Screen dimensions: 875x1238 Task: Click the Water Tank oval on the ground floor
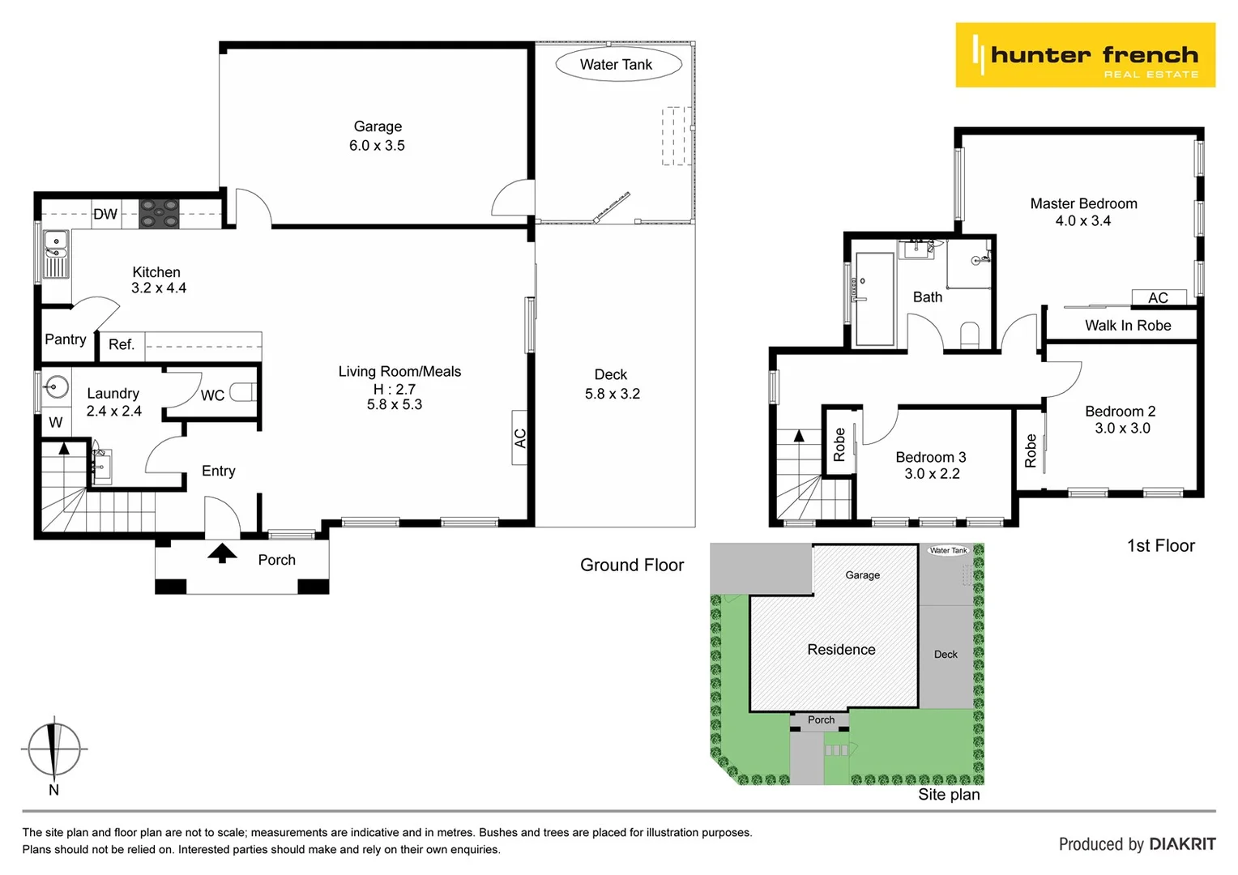coord(617,65)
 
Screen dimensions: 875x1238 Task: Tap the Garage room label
coord(378,126)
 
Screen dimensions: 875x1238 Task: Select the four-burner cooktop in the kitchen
coord(159,214)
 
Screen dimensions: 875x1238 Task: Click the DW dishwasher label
coord(105,215)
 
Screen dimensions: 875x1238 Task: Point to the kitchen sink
coord(56,254)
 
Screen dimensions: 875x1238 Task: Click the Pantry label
coord(65,339)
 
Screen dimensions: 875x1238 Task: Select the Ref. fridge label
coord(122,345)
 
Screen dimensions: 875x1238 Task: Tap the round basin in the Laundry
coord(56,386)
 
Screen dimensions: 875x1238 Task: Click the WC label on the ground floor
coord(212,395)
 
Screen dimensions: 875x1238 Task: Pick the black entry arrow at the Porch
coord(222,553)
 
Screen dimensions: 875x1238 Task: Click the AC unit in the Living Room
coord(520,437)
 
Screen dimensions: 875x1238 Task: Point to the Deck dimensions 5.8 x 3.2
coord(613,394)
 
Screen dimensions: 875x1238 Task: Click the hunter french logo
coord(1085,55)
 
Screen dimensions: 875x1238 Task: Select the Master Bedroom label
coord(1083,204)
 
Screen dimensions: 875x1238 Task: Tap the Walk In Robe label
coord(1128,326)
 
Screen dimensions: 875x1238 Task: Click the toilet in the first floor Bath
coord(969,334)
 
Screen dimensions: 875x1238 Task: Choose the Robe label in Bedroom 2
coord(1031,450)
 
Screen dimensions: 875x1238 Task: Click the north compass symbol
coord(53,749)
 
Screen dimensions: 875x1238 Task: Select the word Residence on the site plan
coord(841,650)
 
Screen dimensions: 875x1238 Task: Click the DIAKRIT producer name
coord(1180,844)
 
